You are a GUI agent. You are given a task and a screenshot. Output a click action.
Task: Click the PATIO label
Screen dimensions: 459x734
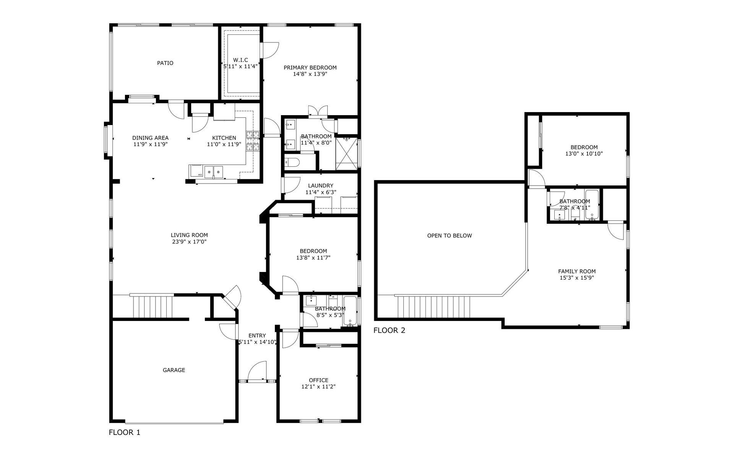(x=165, y=63)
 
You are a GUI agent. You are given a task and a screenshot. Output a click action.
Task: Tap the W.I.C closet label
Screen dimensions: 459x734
(x=240, y=60)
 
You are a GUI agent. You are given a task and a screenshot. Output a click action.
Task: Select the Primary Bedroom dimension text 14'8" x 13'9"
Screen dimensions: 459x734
(x=310, y=74)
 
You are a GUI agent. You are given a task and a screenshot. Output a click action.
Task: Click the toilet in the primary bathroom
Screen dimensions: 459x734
(x=292, y=162)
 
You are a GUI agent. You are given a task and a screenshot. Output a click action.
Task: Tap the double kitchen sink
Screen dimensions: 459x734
(x=213, y=172)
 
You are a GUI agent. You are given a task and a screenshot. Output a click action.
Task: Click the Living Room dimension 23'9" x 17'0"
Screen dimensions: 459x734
(x=189, y=242)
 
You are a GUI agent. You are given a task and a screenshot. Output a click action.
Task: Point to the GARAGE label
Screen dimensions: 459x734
(x=174, y=370)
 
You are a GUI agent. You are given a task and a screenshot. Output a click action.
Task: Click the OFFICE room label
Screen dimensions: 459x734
(x=318, y=380)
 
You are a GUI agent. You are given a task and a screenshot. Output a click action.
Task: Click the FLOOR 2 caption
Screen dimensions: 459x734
(x=389, y=330)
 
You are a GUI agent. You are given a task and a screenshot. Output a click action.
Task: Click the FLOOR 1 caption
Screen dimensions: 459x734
(x=125, y=433)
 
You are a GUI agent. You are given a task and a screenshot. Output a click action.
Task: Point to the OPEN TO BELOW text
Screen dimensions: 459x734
(x=450, y=236)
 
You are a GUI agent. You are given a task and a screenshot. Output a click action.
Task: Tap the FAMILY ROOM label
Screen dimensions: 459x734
(x=576, y=272)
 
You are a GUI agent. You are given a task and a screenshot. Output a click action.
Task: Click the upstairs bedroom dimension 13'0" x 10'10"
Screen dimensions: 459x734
(x=584, y=154)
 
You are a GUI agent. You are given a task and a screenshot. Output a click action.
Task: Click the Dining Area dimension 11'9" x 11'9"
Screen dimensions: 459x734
(x=150, y=145)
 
